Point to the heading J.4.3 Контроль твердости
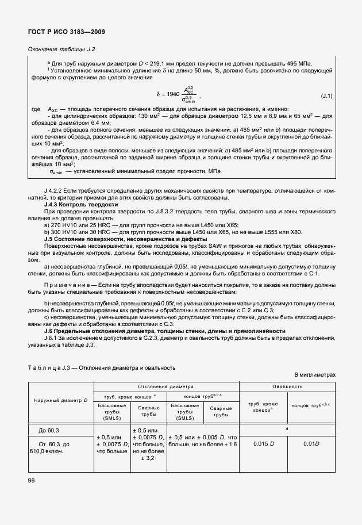click(x=81, y=204)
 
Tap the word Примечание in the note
click(x=66, y=285)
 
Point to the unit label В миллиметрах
click(x=314, y=374)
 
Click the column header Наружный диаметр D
click(x=60, y=400)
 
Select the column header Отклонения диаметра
click(x=166, y=387)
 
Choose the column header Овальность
click(x=287, y=387)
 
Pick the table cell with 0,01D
click(x=312, y=443)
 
